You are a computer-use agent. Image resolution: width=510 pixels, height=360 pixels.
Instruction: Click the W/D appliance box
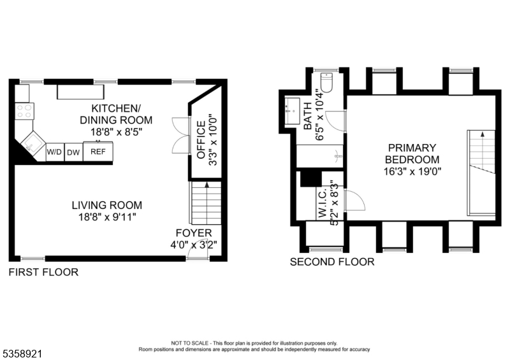click(55, 152)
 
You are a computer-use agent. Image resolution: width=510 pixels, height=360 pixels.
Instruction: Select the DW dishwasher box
click(73, 152)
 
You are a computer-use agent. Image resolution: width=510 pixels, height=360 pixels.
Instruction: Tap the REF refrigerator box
click(98, 152)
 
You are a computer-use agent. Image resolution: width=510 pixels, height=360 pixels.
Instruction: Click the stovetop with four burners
click(24, 111)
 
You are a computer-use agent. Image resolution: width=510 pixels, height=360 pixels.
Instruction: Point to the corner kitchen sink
click(33, 144)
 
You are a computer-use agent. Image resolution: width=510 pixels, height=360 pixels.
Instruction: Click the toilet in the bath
click(326, 82)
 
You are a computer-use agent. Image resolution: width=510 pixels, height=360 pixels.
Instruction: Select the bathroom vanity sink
click(293, 111)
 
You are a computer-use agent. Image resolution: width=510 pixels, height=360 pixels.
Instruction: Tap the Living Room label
click(107, 205)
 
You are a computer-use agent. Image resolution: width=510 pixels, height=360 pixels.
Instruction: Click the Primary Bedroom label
click(412, 154)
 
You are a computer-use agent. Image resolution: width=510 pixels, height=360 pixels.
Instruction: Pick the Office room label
click(201, 140)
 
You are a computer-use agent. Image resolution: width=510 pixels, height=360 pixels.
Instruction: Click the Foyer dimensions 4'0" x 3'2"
click(194, 245)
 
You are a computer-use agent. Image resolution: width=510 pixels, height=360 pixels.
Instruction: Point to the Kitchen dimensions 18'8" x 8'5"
click(117, 132)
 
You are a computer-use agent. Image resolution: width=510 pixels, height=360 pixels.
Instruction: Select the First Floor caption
click(43, 272)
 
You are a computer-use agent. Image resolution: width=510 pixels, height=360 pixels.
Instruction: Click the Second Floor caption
click(332, 262)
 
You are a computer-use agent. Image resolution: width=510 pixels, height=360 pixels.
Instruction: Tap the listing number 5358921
click(22, 354)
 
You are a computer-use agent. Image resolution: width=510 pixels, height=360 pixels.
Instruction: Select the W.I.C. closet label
click(323, 204)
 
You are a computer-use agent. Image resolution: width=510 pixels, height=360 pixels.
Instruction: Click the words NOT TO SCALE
click(191, 343)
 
